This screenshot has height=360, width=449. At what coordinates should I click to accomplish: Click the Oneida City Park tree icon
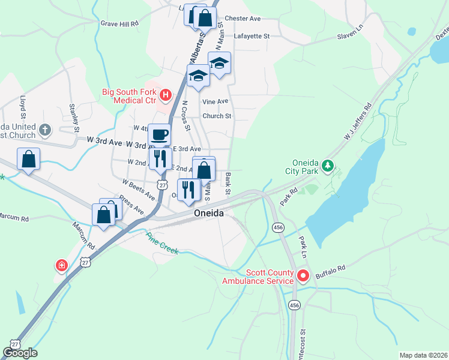click(x=327, y=164)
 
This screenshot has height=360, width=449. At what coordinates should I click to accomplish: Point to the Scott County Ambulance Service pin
click(x=303, y=276)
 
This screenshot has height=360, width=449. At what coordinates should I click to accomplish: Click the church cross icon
click(x=44, y=130)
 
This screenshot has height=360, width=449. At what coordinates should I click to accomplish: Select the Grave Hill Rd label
click(x=119, y=23)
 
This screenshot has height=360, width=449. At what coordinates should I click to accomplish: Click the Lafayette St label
click(x=252, y=36)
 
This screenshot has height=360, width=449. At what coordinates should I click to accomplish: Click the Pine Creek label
click(x=163, y=243)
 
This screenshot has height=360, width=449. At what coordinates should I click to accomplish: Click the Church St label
click(x=217, y=116)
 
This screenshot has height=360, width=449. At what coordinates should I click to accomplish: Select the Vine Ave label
click(x=215, y=102)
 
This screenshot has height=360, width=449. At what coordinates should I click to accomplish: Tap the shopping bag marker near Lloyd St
click(x=28, y=160)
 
